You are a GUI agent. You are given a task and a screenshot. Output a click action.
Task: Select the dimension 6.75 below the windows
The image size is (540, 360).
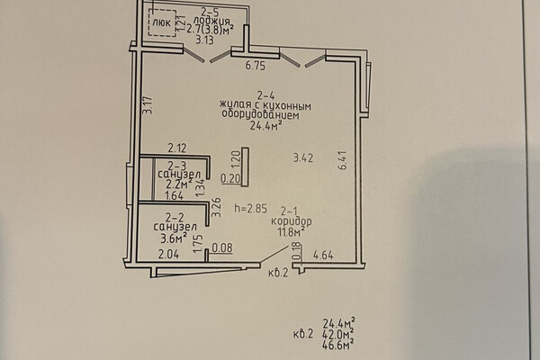[x=259, y=66]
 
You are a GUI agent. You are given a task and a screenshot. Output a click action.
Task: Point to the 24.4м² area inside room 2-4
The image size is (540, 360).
[x=263, y=127]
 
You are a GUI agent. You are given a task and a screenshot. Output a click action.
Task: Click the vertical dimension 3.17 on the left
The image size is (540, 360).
[x=148, y=110]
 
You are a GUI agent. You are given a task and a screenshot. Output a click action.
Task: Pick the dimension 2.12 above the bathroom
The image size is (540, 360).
[x=176, y=148]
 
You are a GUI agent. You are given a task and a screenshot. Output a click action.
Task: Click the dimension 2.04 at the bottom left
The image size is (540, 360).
[x=167, y=256]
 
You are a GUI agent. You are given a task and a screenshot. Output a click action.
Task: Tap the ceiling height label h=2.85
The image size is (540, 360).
[x=252, y=209]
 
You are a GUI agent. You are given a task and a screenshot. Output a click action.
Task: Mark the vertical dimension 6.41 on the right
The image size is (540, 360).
[x=342, y=162]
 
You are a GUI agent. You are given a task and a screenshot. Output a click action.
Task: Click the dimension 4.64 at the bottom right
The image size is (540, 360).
[x=324, y=256]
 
